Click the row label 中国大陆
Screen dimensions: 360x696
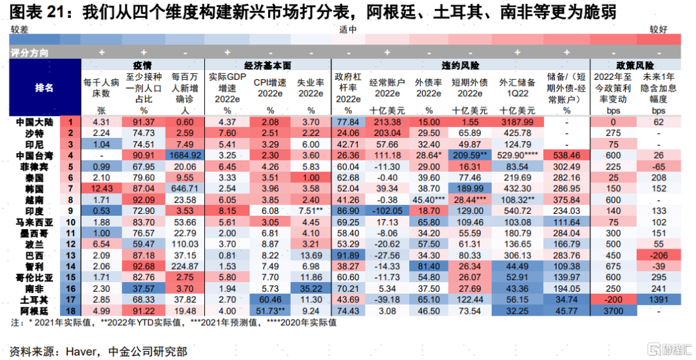coord(31,122)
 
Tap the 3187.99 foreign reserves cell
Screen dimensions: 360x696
coord(517,122)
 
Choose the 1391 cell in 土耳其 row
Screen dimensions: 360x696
coord(658,299)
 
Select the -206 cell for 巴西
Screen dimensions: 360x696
coord(658,255)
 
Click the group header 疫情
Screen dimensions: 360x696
coord(142,65)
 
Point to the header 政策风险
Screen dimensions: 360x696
coord(635,65)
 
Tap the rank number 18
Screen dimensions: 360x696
coord(72,310)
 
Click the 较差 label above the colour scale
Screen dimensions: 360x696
coord(20,30)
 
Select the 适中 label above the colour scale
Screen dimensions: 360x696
coord(348,30)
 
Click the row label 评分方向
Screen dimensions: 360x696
coord(30,52)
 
